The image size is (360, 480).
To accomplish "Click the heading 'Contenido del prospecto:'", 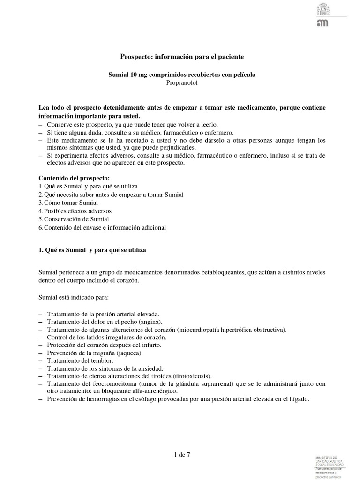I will pos(74,178).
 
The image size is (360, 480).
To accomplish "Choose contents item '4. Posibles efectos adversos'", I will pos(75,211).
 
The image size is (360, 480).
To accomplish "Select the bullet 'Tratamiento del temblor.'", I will pos(80,361).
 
